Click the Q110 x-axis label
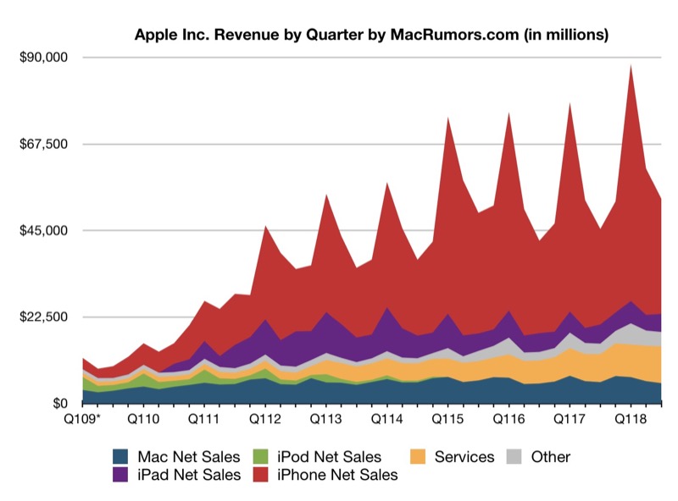[143, 419]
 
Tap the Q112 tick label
[265, 419]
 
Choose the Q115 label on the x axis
[447, 419]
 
